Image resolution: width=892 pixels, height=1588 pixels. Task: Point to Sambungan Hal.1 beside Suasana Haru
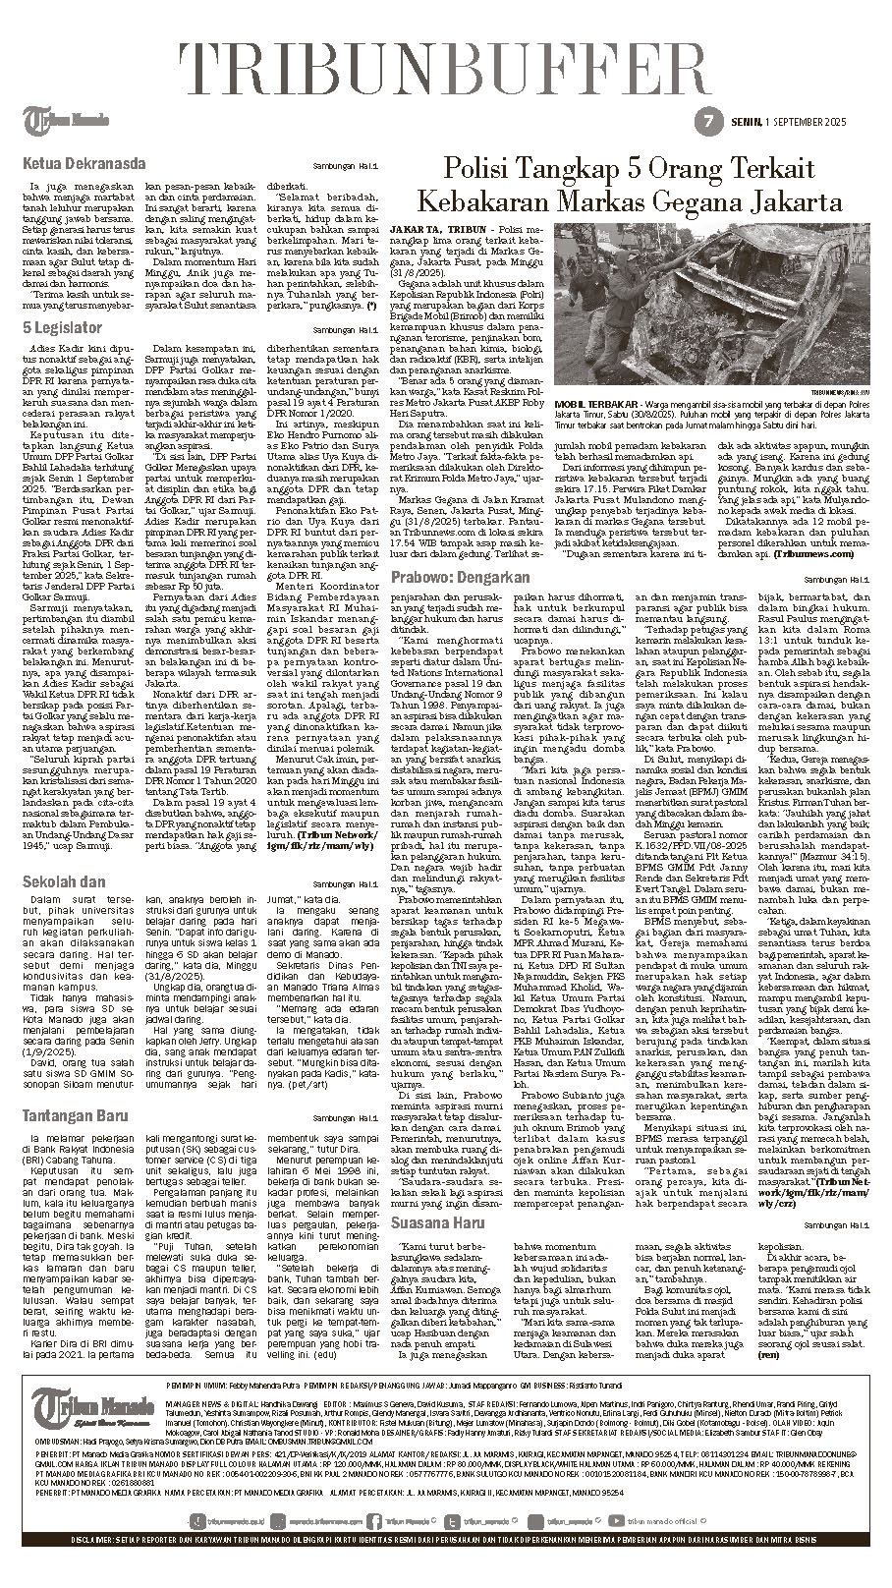[x=845, y=1224]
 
